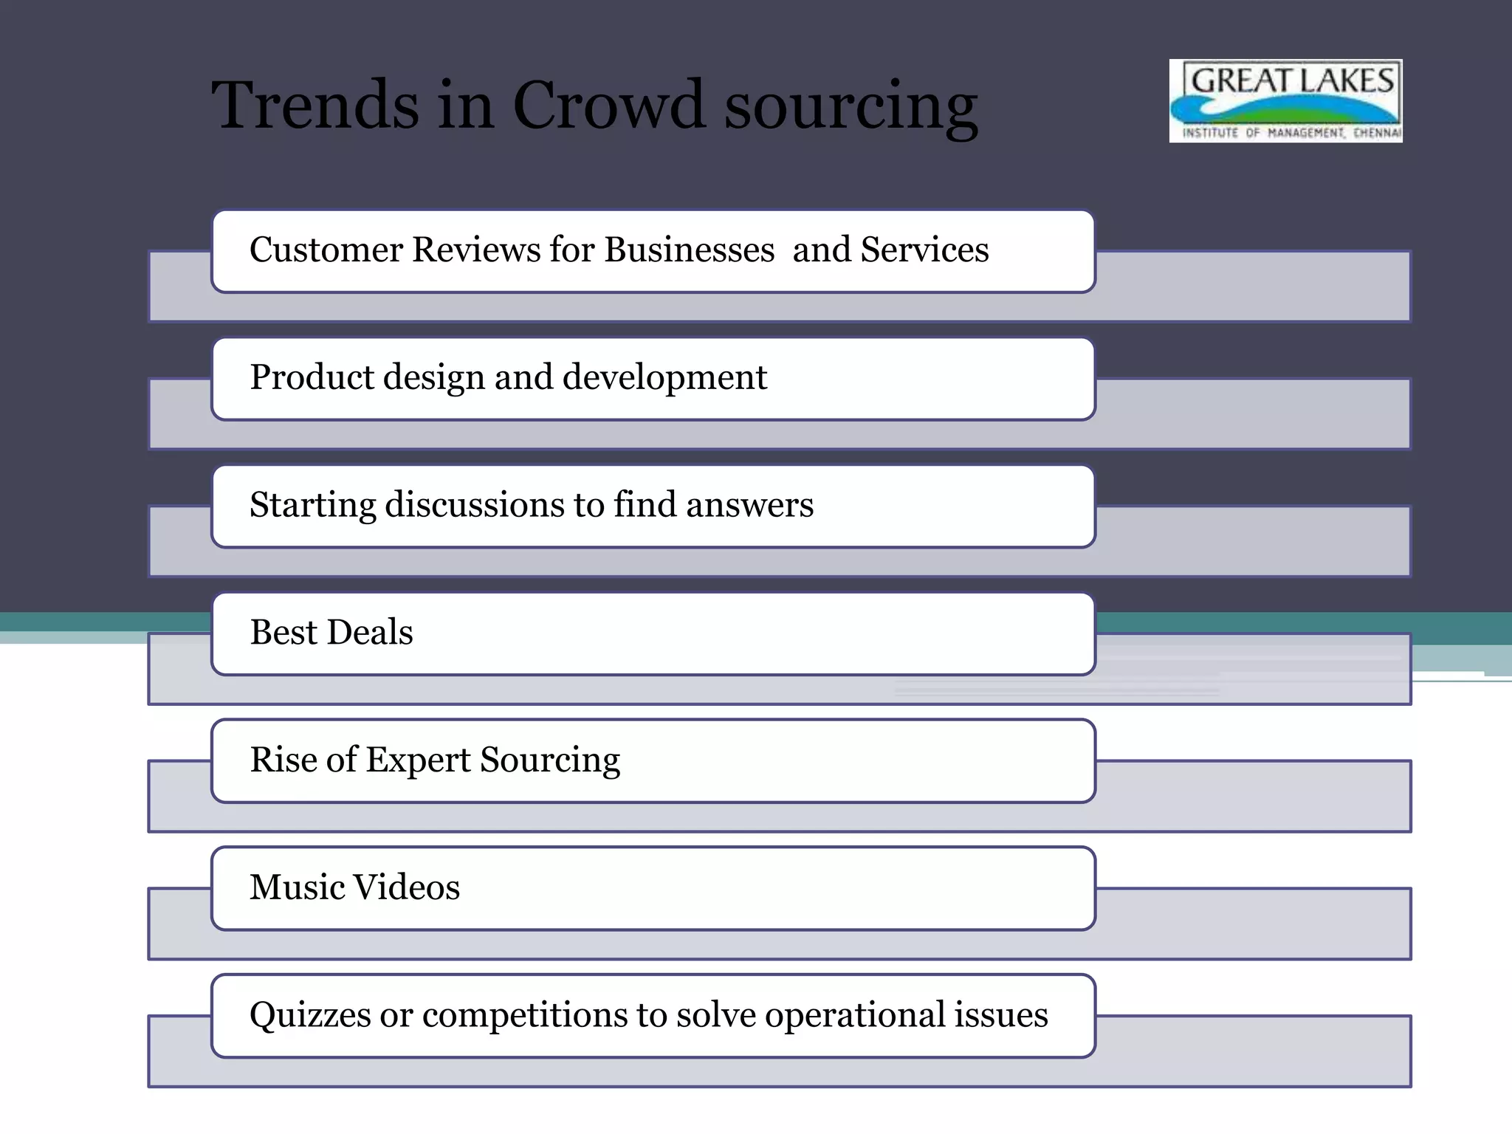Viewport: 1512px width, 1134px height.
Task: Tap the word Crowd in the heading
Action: click(608, 105)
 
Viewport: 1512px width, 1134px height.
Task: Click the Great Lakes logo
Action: click(1285, 101)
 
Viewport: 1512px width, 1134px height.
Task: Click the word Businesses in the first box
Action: click(690, 250)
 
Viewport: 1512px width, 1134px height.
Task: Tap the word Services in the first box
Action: click(924, 250)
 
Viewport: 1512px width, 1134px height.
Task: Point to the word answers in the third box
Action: click(749, 505)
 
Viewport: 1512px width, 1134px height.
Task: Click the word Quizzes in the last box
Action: click(310, 1016)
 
